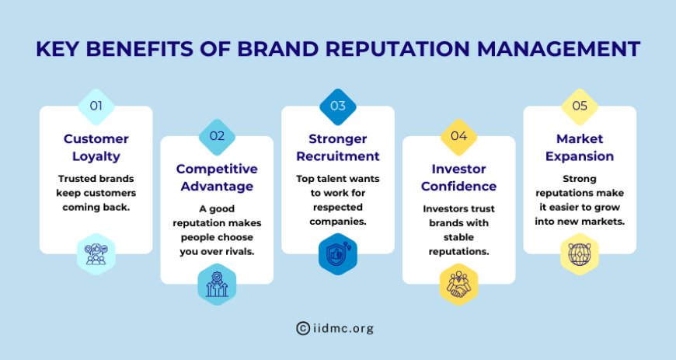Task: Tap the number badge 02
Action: (217, 136)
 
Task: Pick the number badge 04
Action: (458, 136)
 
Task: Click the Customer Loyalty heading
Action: (96, 147)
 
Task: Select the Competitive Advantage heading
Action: (217, 177)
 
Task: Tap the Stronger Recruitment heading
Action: (338, 147)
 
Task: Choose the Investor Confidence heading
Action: (458, 177)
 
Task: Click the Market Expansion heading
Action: (580, 147)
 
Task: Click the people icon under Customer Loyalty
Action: (96, 253)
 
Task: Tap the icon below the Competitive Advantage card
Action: (217, 284)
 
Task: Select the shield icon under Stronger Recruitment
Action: (338, 253)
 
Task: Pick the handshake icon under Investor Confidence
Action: (458, 284)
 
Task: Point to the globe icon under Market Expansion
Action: (580, 253)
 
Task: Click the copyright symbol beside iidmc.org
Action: (303, 328)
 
